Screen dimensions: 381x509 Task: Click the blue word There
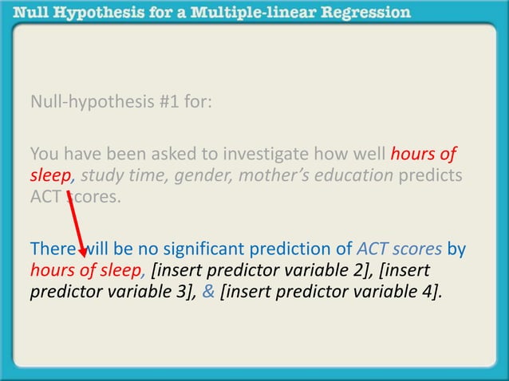point(51,249)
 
